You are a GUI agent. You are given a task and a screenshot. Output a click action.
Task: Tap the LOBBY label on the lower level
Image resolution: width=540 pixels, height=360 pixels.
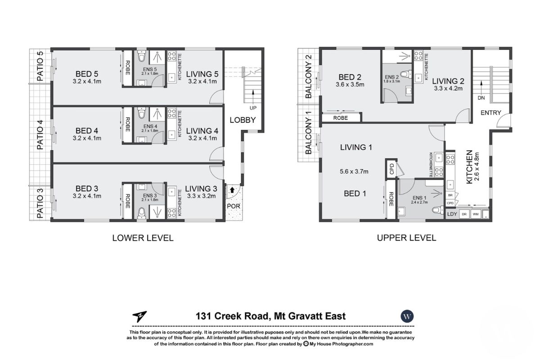(243, 120)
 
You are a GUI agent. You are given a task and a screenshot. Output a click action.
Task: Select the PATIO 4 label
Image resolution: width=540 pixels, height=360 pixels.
(40, 135)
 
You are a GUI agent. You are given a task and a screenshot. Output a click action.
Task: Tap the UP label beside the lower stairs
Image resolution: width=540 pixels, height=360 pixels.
(253, 108)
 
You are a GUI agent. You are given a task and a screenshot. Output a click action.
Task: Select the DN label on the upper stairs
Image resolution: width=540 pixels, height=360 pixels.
(481, 98)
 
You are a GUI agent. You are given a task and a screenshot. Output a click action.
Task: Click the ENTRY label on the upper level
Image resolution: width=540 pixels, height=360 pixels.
(490, 112)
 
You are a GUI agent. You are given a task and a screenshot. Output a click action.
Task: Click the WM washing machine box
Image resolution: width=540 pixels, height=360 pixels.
(475, 215)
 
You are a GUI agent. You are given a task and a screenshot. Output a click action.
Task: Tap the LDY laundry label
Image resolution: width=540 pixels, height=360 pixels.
(452, 215)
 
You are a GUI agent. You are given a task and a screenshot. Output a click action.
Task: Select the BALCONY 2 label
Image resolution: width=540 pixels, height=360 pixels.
(309, 76)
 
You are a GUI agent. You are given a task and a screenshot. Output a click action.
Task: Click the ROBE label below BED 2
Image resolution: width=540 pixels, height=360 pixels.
(341, 118)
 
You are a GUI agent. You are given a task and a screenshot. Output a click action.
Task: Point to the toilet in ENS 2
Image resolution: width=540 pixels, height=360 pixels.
(406, 75)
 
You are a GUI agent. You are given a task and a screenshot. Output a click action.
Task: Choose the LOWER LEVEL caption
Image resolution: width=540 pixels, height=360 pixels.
(143, 238)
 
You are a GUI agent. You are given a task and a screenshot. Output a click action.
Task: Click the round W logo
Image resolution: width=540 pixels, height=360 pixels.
(408, 316)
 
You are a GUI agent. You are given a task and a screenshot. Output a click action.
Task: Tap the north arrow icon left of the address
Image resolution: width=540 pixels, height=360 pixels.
(140, 317)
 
